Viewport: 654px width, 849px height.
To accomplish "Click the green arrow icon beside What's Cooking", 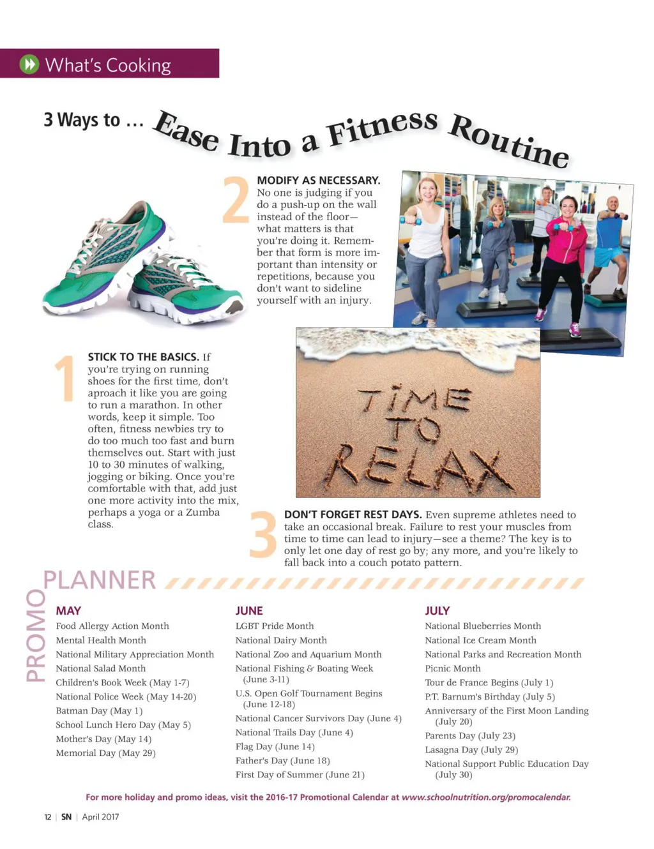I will [x=29, y=64].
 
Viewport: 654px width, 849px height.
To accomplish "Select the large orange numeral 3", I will [x=262, y=534].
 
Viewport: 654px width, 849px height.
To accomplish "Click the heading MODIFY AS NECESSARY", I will [x=318, y=181].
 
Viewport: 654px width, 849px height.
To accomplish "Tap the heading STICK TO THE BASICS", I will [x=143, y=357].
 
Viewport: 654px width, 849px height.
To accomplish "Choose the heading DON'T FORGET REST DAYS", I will [x=353, y=515].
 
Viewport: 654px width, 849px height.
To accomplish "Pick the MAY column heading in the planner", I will [x=68, y=611].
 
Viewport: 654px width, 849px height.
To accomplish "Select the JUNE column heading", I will [x=249, y=611].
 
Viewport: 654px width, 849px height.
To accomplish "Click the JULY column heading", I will [x=437, y=611].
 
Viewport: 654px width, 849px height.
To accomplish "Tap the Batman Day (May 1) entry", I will [x=99, y=710].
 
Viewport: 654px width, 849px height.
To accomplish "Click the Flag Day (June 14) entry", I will [x=275, y=746].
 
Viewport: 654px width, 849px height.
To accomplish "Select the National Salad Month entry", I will [x=101, y=668].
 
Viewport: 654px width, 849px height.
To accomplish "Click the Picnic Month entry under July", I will [x=453, y=668].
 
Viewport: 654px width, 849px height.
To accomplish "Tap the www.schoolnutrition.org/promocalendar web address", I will [x=486, y=797].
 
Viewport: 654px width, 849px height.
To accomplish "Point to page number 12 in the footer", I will [x=47, y=817].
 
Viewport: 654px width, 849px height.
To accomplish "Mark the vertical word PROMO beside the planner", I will [x=36, y=635].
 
